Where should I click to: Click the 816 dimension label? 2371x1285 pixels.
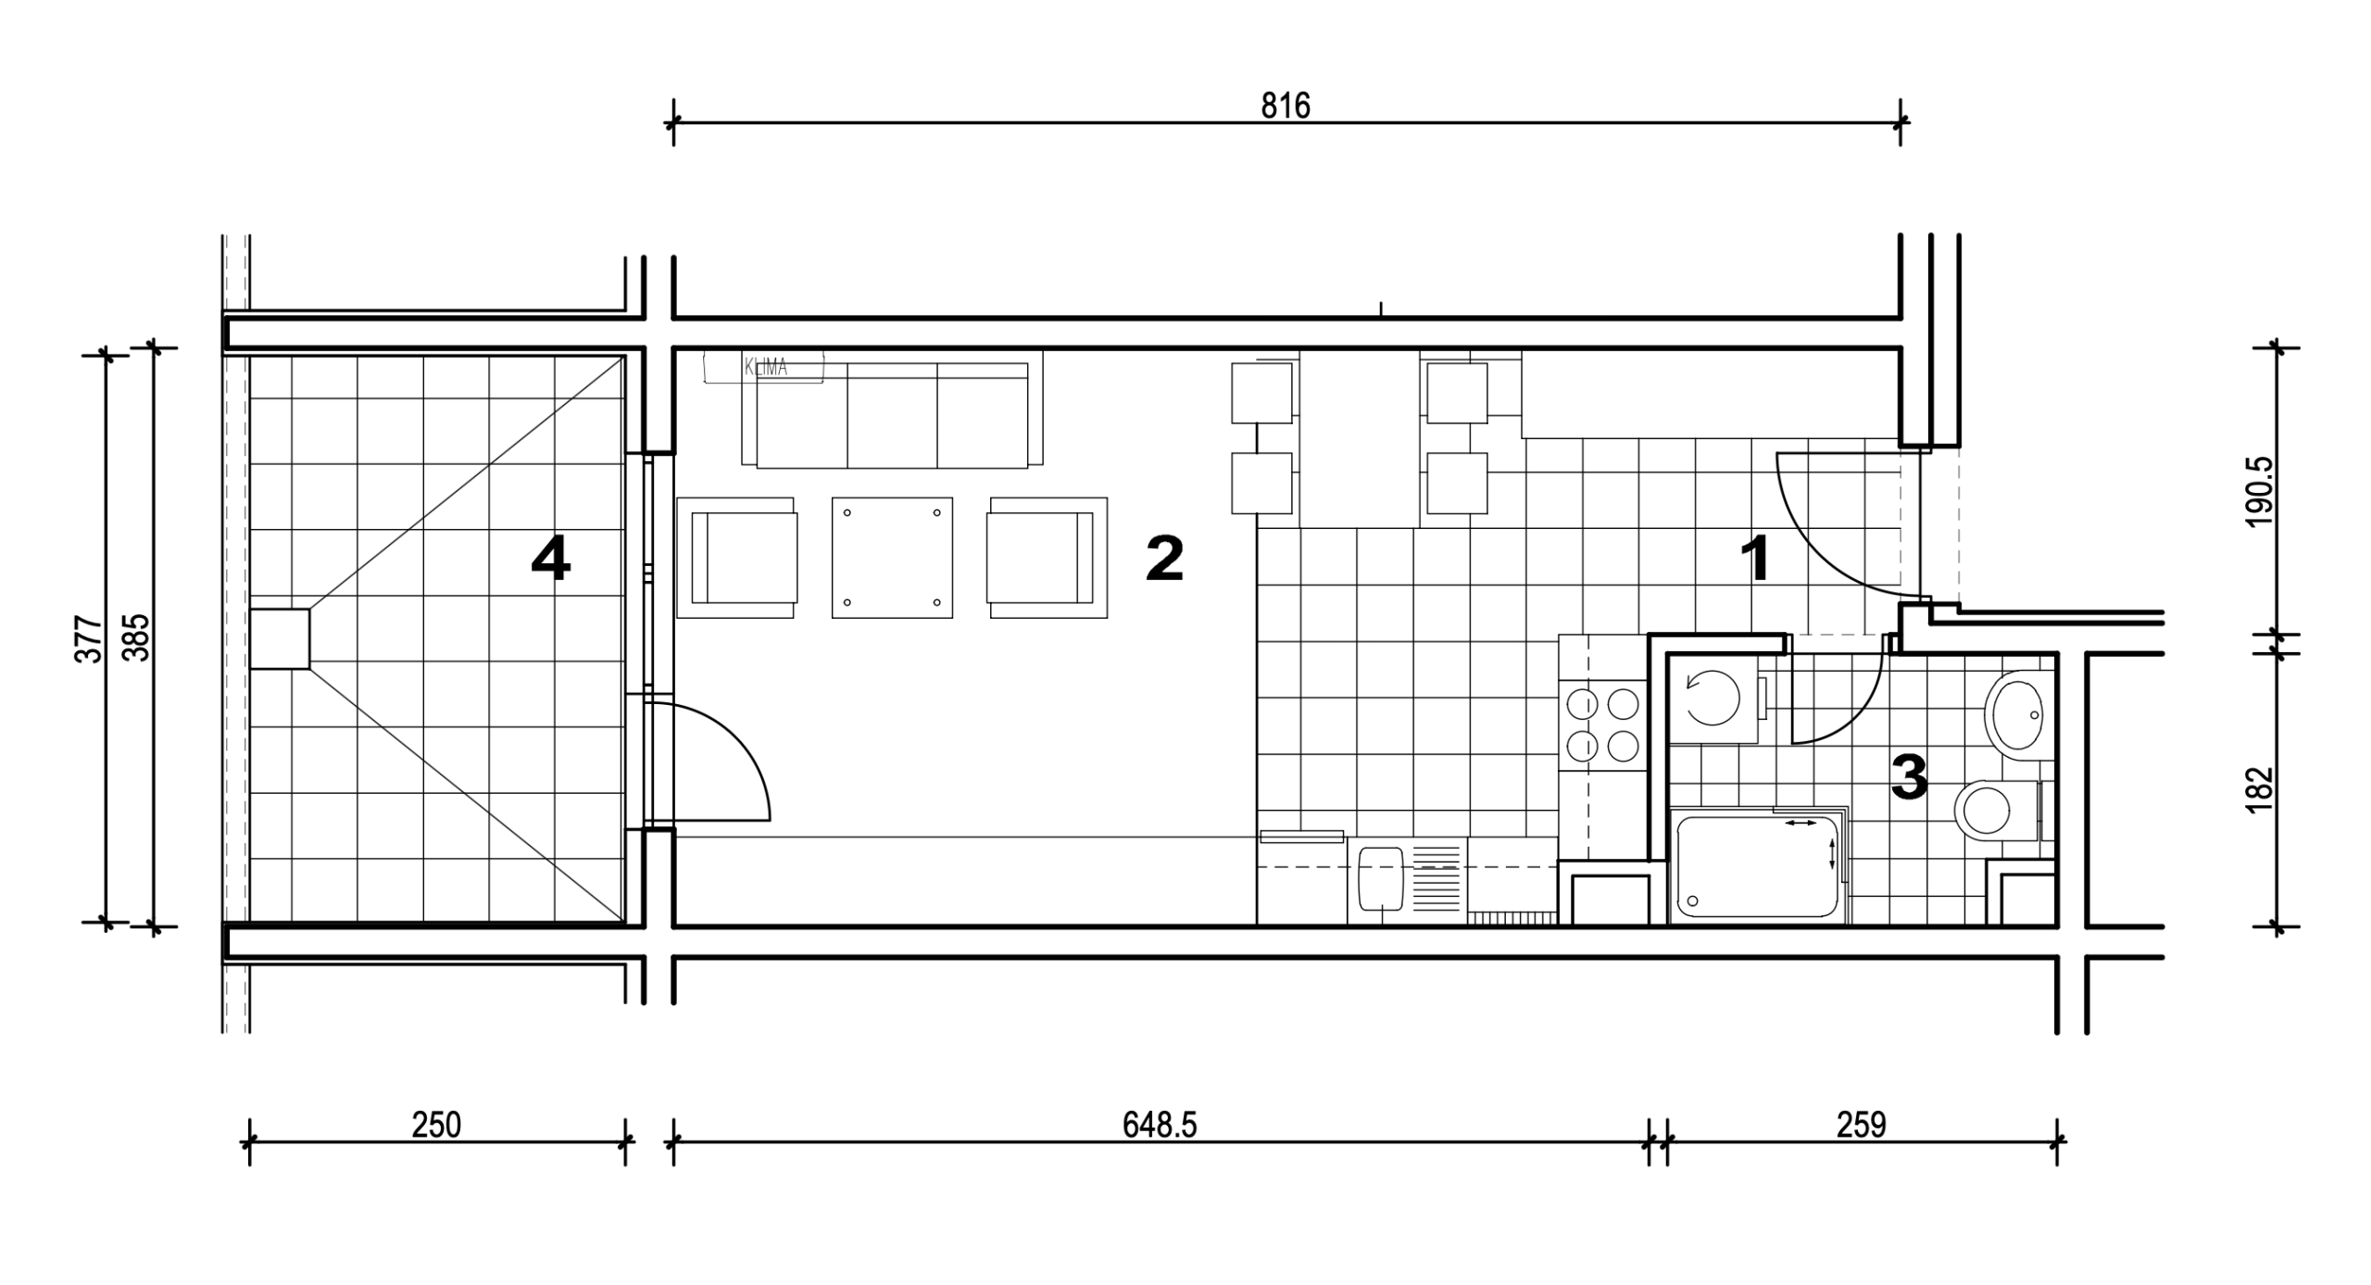pos(1286,107)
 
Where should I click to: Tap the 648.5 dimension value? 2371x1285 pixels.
pos(1160,1125)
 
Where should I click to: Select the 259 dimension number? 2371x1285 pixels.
pos(1862,1125)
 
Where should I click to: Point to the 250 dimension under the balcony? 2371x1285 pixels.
pos(436,1125)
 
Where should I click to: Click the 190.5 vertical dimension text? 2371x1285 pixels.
pos(2261,491)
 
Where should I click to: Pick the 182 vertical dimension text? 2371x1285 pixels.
pos(2261,789)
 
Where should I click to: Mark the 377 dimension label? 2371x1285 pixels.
pos(88,638)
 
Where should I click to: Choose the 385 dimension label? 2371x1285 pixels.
pos(136,638)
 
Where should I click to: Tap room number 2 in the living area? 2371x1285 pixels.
pos(1164,559)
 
